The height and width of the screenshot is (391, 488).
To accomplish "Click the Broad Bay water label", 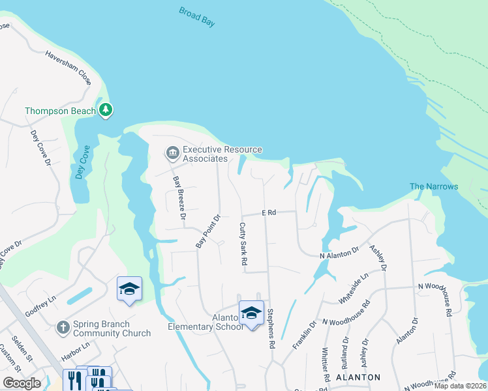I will (x=196, y=18).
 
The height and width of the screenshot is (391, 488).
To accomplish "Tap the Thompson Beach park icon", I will (x=106, y=110).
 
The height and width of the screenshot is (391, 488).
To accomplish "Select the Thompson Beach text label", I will (x=61, y=111).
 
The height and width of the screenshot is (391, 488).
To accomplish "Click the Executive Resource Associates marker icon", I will (x=172, y=153).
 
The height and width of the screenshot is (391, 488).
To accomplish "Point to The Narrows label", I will (x=433, y=186).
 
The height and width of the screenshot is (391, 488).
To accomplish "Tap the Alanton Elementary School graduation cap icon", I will (x=251, y=313).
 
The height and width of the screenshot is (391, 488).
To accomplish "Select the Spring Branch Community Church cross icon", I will (x=63, y=326).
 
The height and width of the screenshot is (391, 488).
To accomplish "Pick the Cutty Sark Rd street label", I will (x=243, y=243).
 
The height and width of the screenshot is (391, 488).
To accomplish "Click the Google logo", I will (x=22, y=383).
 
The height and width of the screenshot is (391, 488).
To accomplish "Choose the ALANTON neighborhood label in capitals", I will (x=358, y=377).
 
